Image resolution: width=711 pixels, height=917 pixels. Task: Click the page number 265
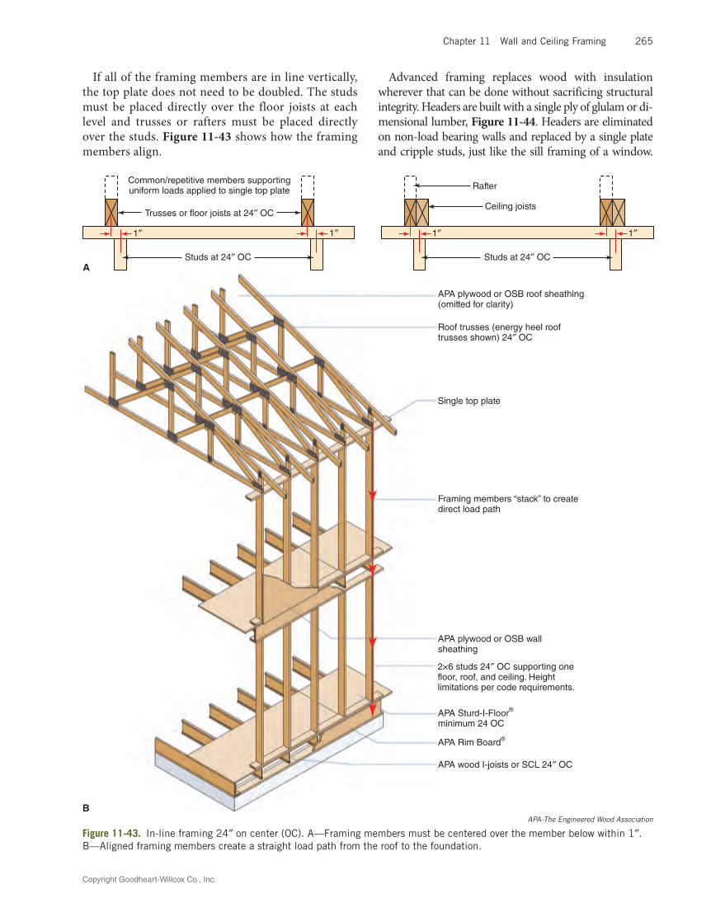click(x=644, y=41)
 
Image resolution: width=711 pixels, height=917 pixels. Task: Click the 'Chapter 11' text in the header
click(x=466, y=41)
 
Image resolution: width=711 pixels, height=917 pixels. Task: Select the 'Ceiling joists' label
click(x=510, y=206)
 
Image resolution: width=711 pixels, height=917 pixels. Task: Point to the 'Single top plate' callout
click(x=469, y=401)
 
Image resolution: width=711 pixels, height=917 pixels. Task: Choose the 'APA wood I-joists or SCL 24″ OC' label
click(x=504, y=764)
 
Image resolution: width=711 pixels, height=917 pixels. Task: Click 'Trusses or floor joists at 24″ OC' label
click(x=209, y=213)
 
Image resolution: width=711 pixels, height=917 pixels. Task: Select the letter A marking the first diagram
click(x=86, y=268)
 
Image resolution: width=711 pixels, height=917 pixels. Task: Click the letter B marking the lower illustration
click(x=86, y=807)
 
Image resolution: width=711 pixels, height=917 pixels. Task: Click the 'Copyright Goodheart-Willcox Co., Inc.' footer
click(x=148, y=880)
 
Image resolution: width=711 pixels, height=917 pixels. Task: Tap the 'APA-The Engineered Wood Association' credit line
click(x=590, y=819)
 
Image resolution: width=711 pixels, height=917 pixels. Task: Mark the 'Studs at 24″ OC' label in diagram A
click(x=217, y=257)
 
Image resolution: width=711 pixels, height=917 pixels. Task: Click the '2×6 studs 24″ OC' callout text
click(x=506, y=676)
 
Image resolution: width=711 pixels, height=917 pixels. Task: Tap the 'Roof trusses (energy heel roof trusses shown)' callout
click(x=498, y=332)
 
